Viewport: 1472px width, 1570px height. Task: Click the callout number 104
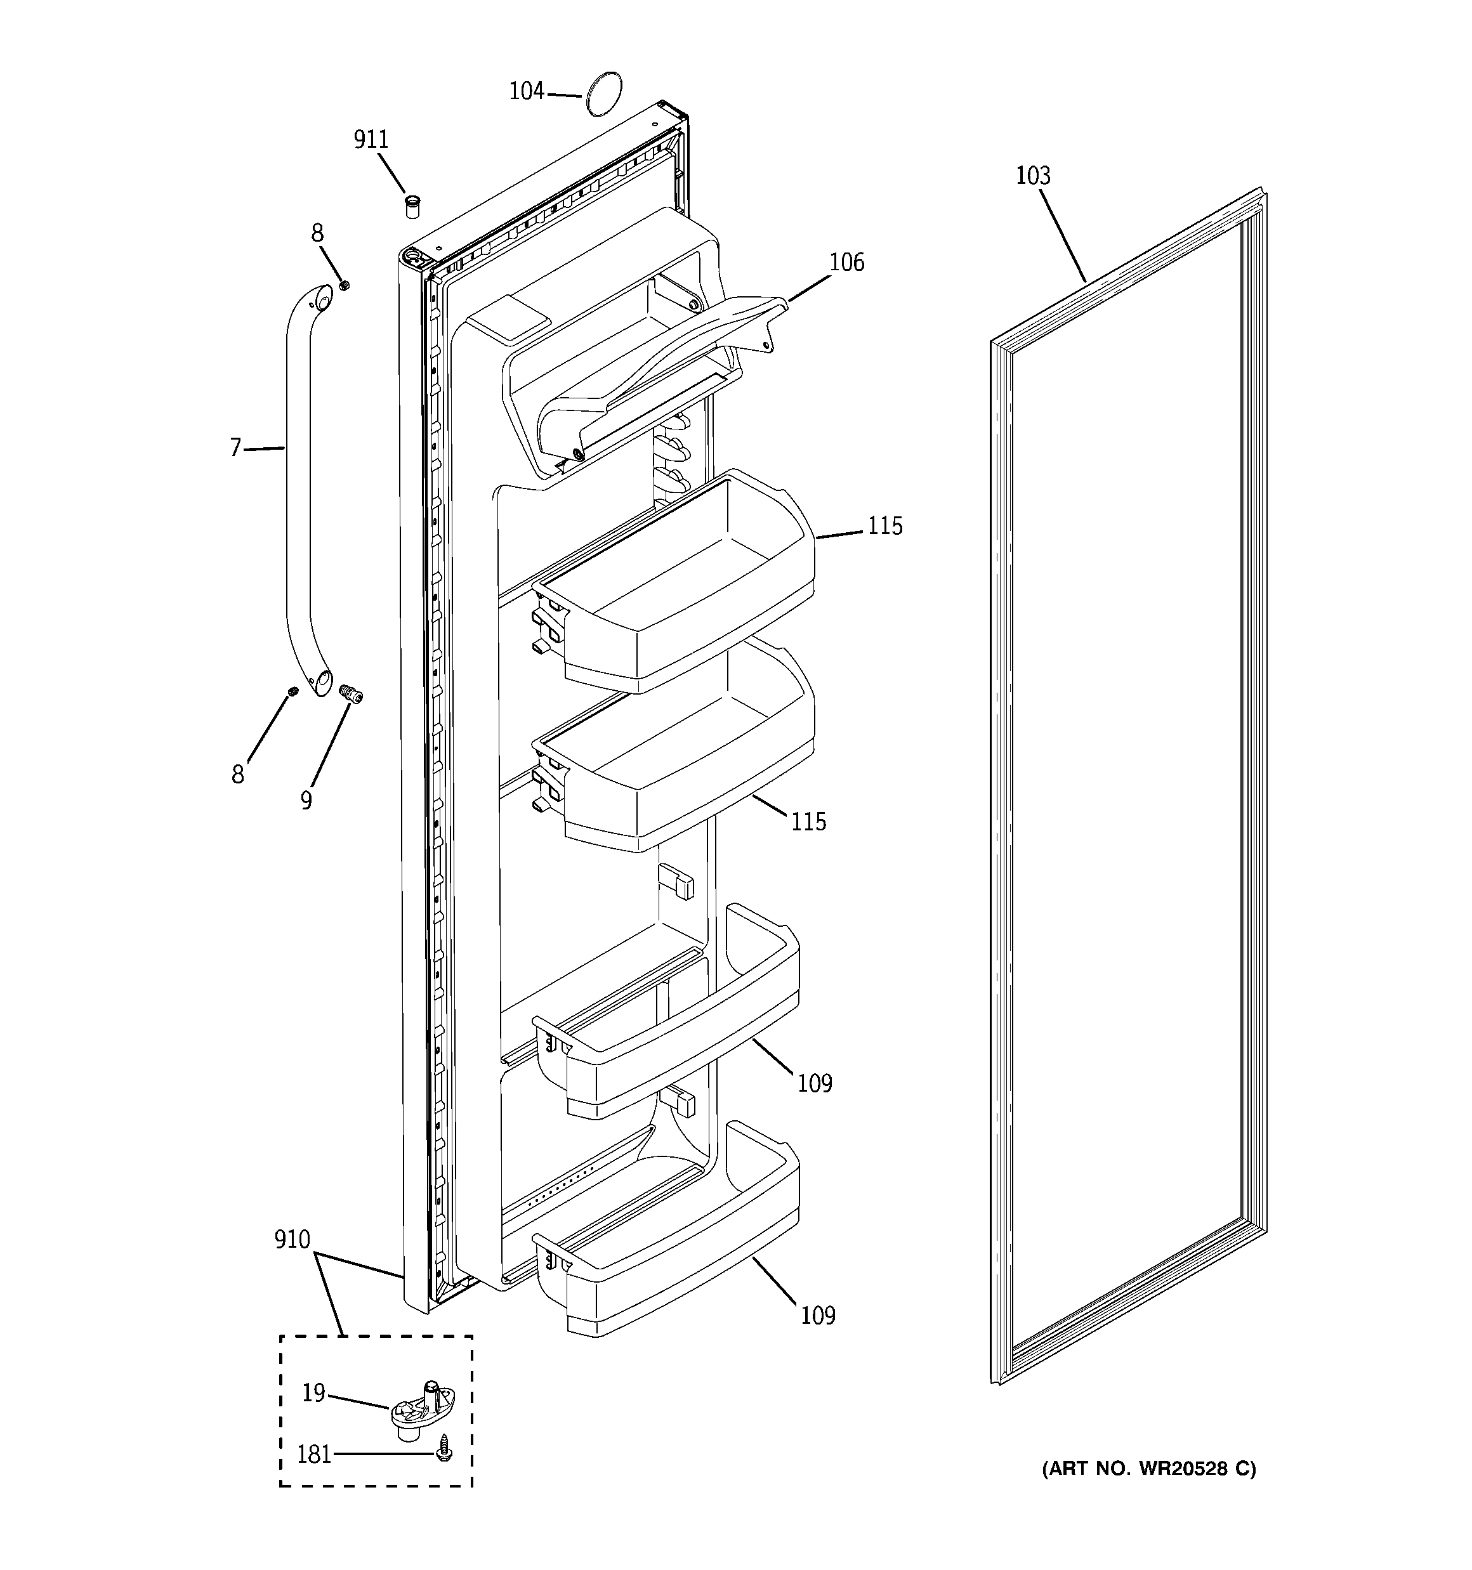pos(526,91)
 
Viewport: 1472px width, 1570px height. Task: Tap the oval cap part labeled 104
pos(603,94)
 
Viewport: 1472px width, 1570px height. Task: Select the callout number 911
pos(371,140)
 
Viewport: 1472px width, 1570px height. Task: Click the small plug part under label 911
pos(412,207)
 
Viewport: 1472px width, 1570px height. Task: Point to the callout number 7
pos(235,448)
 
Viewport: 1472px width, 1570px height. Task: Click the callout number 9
pos(306,800)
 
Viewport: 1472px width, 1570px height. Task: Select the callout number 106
pos(847,262)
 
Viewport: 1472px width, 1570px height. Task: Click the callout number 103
pos(1033,175)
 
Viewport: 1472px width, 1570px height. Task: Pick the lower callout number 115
pos(808,822)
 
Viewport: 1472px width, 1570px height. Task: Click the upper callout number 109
pos(815,1083)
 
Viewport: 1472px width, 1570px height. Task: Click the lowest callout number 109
pos(818,1316)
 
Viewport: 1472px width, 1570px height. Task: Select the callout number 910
pos(292,1240)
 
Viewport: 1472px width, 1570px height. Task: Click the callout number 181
pos(313,1454)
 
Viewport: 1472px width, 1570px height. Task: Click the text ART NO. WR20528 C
pos(1148,1469)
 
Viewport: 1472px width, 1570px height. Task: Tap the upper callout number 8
pos(317,233)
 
